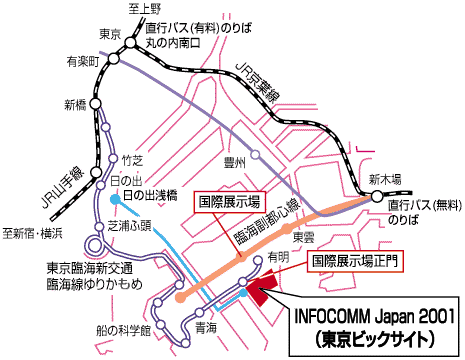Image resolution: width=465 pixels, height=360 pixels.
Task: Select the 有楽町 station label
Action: (x=81, y=62)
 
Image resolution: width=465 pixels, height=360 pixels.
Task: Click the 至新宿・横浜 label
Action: (x=31, y=234)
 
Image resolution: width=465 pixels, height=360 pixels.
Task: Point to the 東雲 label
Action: (x=303, y=238)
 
